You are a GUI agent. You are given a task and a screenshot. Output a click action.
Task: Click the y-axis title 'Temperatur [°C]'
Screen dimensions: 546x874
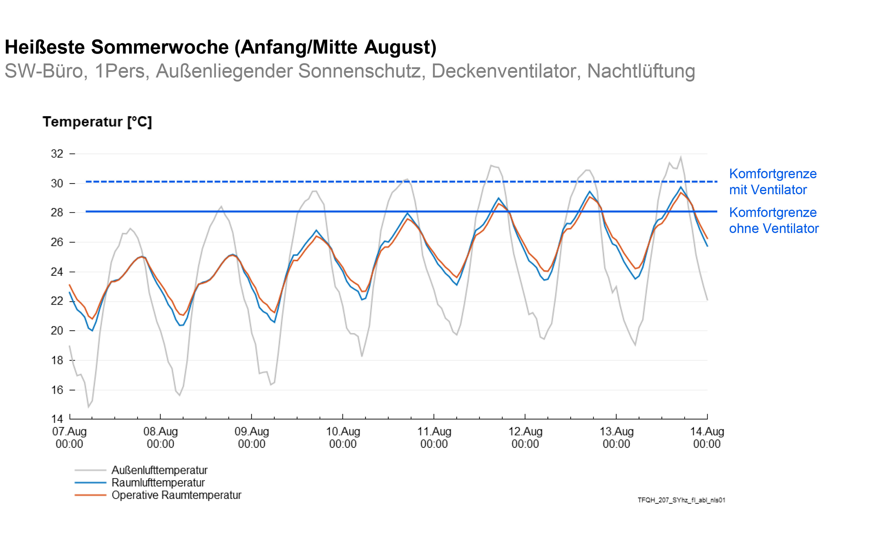(x=97, y=122)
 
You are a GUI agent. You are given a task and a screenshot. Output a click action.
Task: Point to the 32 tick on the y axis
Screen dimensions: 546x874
(x=57, y=154)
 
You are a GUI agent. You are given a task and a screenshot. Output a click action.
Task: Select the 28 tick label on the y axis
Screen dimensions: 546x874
(x=57, y=213)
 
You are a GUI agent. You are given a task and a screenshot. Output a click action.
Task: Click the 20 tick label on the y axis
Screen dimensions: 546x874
(x=57, y=331)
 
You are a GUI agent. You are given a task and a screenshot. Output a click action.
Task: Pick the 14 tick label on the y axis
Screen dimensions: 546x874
(x=57, y=419)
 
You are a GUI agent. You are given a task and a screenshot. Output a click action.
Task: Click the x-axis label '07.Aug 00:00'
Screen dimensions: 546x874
(x=69, y=437)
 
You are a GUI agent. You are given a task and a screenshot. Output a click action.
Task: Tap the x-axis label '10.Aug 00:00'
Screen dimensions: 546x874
(x=343, y=437)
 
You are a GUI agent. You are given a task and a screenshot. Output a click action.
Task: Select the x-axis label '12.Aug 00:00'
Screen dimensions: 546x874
(x=525, y=437)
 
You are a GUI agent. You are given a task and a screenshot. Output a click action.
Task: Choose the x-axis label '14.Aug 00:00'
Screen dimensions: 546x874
(x=707, y=437)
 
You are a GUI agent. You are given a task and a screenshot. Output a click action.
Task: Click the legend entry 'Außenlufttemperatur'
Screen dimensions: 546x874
(x=159, y=470)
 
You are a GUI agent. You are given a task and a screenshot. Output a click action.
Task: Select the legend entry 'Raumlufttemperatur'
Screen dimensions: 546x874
(x=158, y=483)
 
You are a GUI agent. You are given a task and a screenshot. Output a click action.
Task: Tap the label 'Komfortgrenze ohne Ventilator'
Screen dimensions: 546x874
(x=773, y=220)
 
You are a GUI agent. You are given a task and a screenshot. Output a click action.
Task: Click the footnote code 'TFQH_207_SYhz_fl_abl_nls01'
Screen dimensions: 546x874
(x=681, y=500)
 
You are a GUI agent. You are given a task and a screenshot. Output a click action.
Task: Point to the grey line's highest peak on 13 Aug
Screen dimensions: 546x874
(x=681, y=157)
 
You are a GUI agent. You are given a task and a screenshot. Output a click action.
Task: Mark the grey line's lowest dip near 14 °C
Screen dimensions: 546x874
(x=88, y=407)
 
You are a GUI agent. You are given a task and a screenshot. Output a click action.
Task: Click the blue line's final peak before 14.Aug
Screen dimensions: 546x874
(x=681, y=187)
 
